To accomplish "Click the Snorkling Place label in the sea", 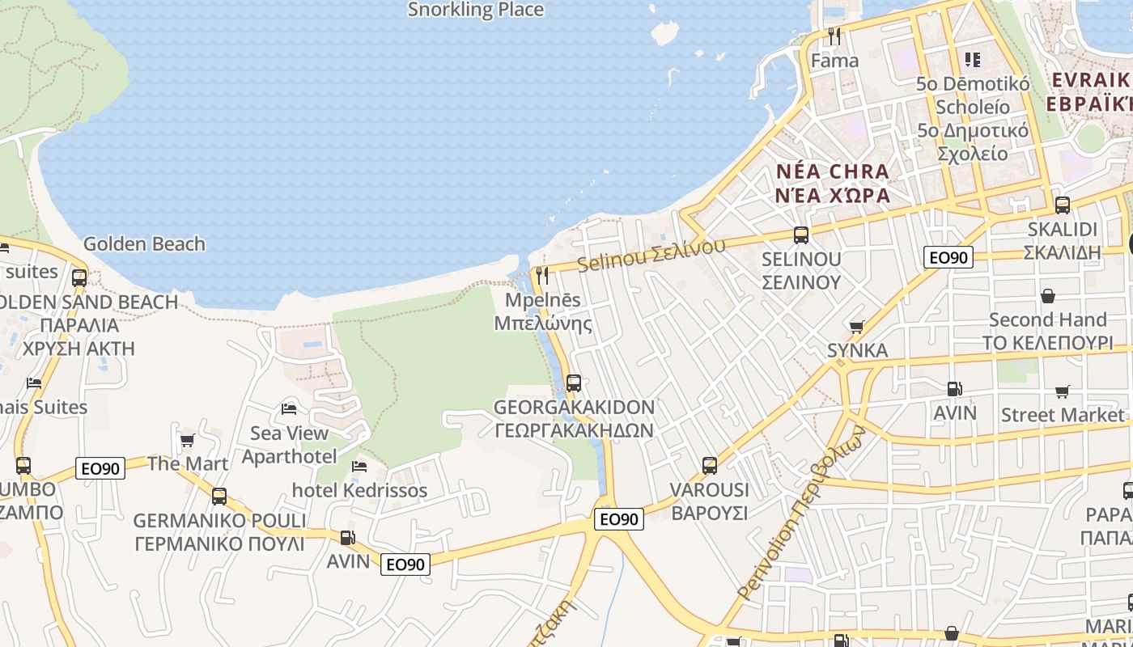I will pyautogui.click(x=475, y=10).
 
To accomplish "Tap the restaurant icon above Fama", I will pyautogui.click(x=834, y=36).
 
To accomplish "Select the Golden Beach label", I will pyautogui.click(x=144, y=244).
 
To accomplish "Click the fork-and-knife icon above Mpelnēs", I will pyautogui.click(x=542, y=276).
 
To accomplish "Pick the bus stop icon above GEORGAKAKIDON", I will pyautogui.click(x=574, y=383).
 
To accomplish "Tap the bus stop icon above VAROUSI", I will pyautogui.click(x=710, y=466).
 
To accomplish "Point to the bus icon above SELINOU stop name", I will pyautogui.click(x=801, y=235).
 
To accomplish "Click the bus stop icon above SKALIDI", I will pyautogui.click(x=1063, y=205).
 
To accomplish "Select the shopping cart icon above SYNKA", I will pyautogui.click(x=856, y=328).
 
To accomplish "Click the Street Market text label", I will pyautogui.click(x=1063, y=415).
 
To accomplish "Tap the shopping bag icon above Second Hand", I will pyautogui.click(x=1048, y=296).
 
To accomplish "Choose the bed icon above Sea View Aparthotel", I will pyautogui.click(x=289, y=408).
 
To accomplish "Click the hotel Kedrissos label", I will pyautogui.click(x=359, y=490).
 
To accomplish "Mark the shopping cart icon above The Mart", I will pyautogui.click(x=188, y=441).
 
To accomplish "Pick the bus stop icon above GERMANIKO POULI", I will pyautogui.click(x=219, y=496).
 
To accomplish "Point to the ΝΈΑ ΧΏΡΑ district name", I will pyautogui.click(x=832, y=196).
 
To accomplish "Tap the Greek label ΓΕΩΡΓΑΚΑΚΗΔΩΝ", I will pyautogui.click(x=574, y=429).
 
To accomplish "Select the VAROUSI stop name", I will pyautogui.click(x=710, y=490).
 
